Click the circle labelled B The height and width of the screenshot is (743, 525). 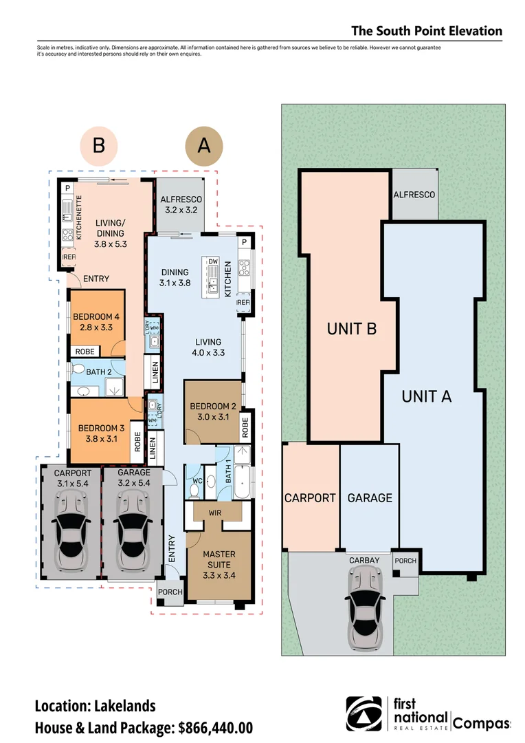pos(98,145)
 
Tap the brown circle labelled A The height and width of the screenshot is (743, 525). pos(204,146)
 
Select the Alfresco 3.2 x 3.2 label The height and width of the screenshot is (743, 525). pos(181,205)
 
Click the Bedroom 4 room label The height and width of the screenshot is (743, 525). pos(96,322)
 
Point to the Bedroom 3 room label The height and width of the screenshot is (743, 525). pos(101,433)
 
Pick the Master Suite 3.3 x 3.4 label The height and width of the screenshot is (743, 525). pos(219,564)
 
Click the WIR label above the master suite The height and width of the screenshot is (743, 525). pos(215,513)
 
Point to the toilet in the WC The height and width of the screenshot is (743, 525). pos(194,490)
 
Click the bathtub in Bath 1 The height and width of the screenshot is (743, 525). pos(242,482)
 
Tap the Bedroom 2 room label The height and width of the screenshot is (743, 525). pos(213,411)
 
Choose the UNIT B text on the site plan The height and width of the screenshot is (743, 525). pos(352,328)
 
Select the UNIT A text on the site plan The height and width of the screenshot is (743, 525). pos(427,396)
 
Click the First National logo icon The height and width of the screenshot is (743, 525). pos(364,714)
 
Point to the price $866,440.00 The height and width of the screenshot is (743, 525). pos(215,728)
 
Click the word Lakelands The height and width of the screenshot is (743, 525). pos(125,706)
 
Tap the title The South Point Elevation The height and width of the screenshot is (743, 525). pos(427,31)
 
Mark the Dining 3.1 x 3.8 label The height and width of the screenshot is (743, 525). pos(175,277)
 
